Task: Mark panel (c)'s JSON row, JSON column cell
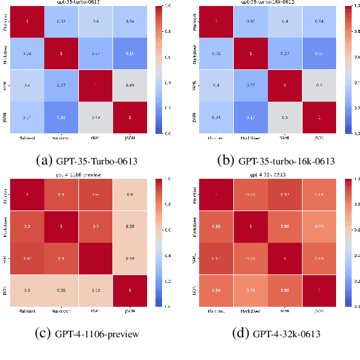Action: click(130, 289)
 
